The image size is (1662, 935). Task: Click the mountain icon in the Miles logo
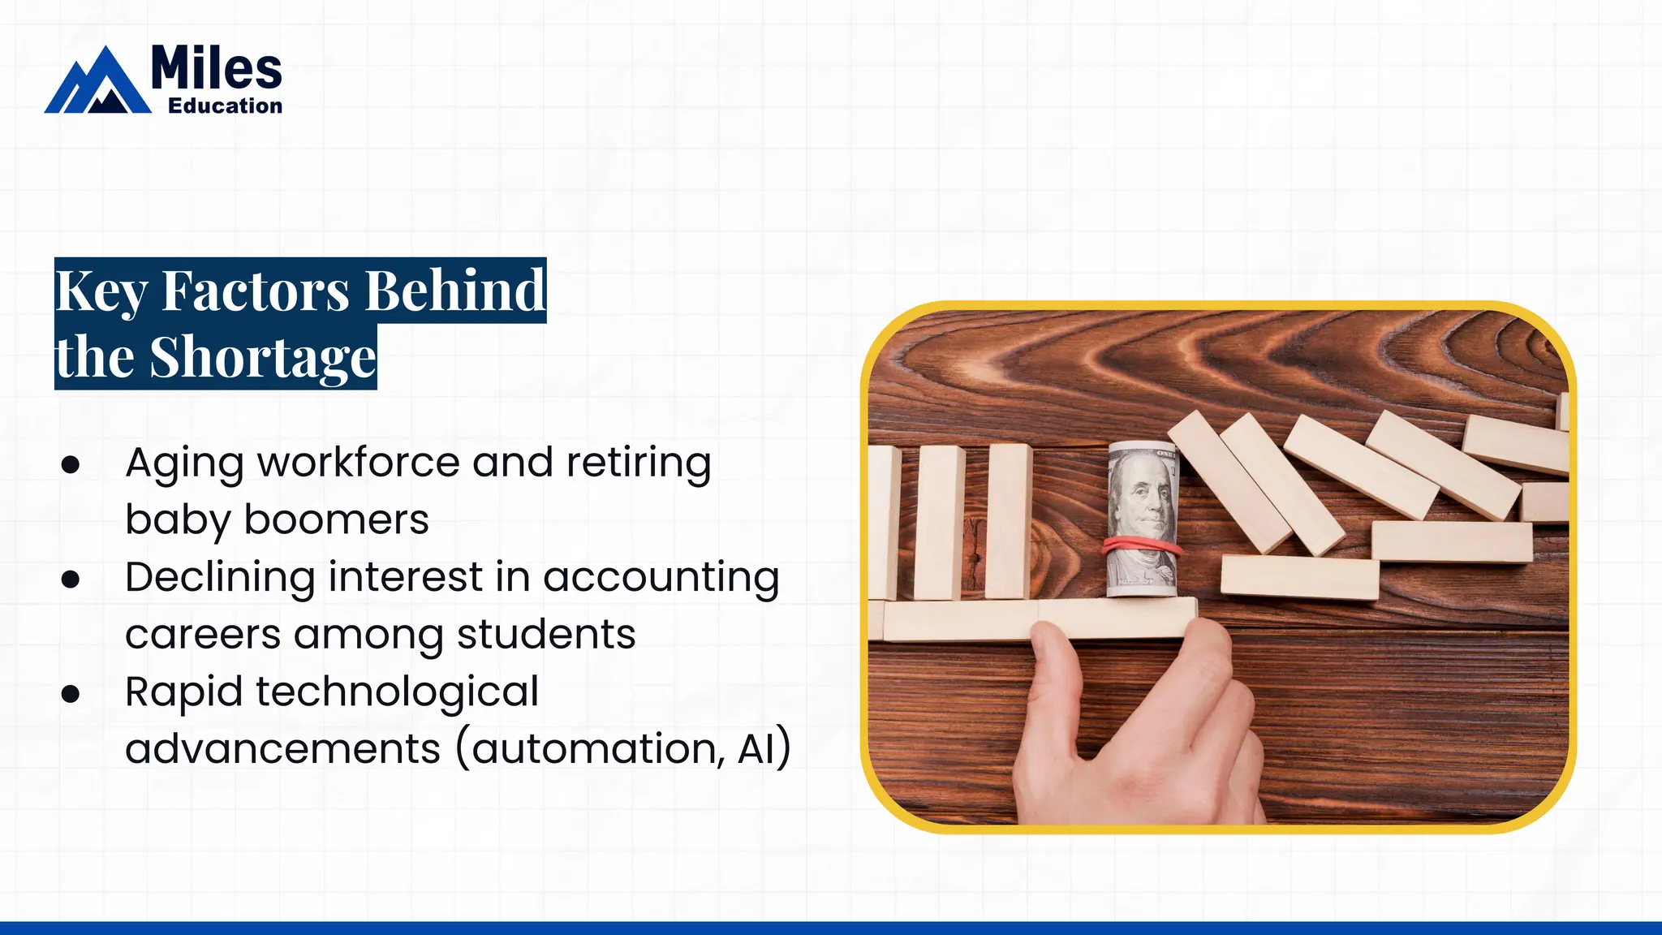(x=98, y=81)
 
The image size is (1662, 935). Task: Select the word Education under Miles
(x=225, y=106)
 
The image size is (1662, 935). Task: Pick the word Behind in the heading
(x=454, y=291)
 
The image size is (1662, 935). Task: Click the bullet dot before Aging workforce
(x=71, y=464)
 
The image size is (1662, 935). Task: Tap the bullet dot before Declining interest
(x=71, y=579)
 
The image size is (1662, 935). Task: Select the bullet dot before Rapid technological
(x=71, y=693)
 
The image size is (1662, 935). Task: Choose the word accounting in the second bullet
(x=661, y=578)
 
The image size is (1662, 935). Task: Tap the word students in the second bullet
(x=546, y=635)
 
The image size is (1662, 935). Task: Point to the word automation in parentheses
(x=598, y=748)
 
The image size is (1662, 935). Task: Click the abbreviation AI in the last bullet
(x=756, y=748)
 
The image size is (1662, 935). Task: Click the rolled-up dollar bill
(x=1143, y=519)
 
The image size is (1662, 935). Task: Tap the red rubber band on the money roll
(x=1143, y=545)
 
